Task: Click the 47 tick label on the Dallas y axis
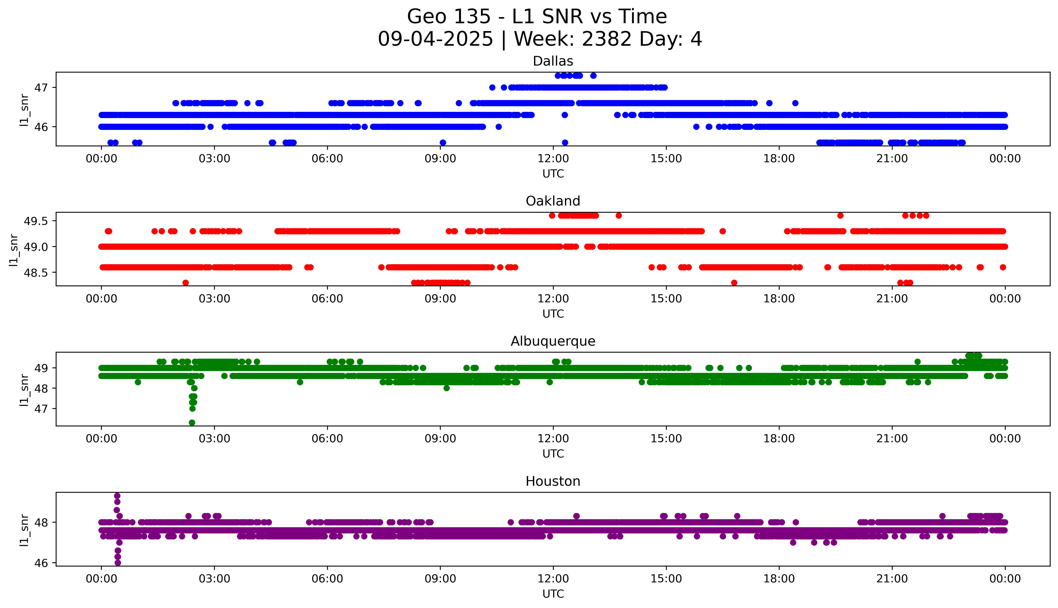41,88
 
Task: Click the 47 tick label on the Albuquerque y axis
41,409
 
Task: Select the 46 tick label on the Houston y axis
41,563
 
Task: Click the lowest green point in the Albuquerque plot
192,423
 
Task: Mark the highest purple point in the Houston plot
117,496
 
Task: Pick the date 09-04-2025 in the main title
435,39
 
